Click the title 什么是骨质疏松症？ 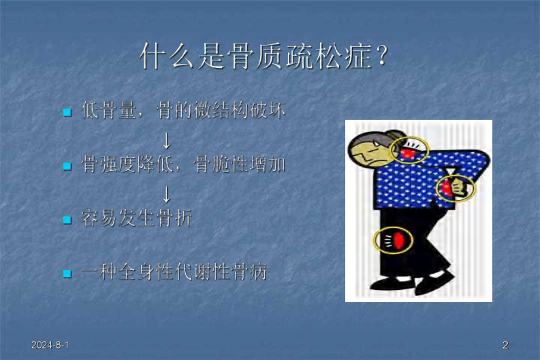pos(266,56)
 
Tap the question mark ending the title pos(383,56)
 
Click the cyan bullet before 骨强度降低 pos(67,165)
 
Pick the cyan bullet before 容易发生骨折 pos(67,220)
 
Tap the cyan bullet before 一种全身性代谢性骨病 pos(67,274)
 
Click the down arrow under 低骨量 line pos(165,140)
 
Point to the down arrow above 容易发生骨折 pos(165,194)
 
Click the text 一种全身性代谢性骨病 pos(174,273)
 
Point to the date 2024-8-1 pos(50,345)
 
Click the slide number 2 pos(505,345)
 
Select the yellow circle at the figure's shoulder pos(410,151)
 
